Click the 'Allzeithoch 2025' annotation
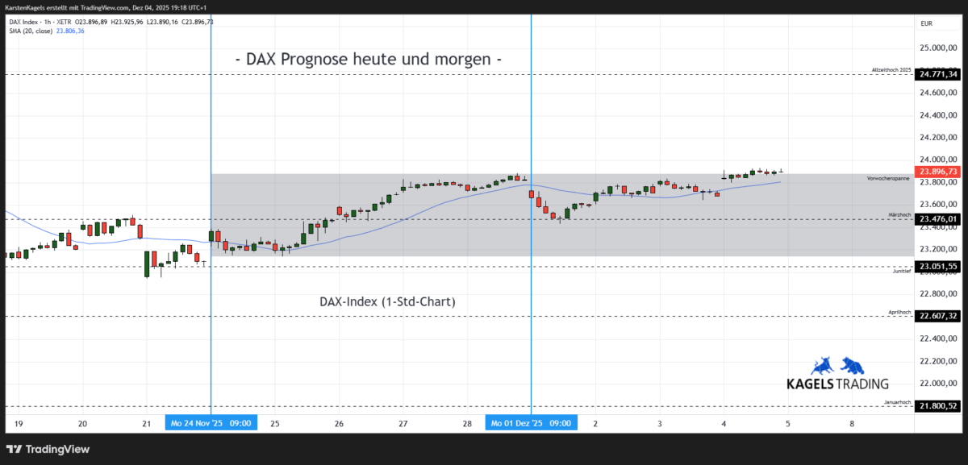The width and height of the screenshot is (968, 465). pyautogui.click(x=891, y=70)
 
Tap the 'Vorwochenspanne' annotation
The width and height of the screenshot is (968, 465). pyautogui.click(x=889, y=177)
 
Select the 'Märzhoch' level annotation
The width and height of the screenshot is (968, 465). pyautogui.click(x=900, y=214)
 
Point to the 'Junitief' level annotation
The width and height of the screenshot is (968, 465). pyautogui.click(x=902, y=272)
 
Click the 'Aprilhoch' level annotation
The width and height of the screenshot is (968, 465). pyautogui.click(x=900, y=312)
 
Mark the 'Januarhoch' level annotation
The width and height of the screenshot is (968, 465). pyautogui.click(x=898, y=401)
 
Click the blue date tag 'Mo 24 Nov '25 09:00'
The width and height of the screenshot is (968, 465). pyautogui.click(x=211, y=423)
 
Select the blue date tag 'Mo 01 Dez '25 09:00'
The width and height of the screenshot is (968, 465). pyautogui.click(x=531, y=423)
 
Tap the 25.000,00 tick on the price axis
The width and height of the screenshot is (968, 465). pyautogui.click(x=938, y=48)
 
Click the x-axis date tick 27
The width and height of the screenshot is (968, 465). pyautogui.click(x=403, y=423)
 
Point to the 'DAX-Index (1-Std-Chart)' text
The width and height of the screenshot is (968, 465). pyautogui.click(x=388, y=302)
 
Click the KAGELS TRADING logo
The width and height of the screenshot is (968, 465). pyautogui.click(x=837, y=376)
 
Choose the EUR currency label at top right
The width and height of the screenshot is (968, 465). pyautogui.click(x=926, y=23)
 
